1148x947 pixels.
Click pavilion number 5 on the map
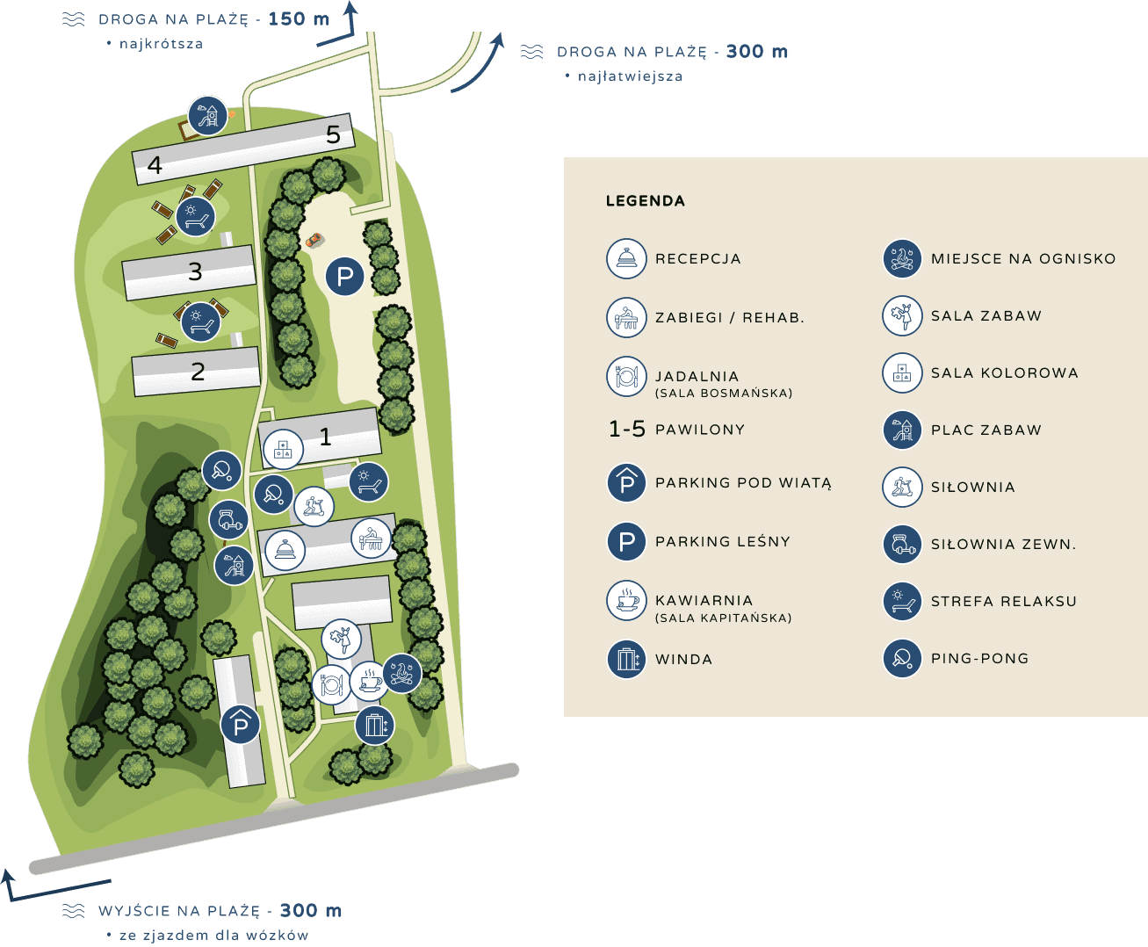click(333, 134)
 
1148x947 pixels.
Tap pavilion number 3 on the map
click(195, 271)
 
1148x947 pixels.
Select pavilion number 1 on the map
click(325, 436)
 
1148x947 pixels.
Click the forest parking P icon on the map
click(345, 277)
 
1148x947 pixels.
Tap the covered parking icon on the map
click(240, 725)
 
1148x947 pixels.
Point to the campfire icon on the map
click(402, 673)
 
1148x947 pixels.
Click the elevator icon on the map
click(375, 726)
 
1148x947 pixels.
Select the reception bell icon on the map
click(285, 551)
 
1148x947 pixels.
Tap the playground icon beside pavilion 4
click(208, 115)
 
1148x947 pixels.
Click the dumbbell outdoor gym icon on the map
click(228, 520)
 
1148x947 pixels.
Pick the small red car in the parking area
click(314, 239)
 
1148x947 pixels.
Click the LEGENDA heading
click(645, 201)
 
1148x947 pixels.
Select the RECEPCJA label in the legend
click(697, 259)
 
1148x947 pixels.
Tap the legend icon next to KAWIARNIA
click(626, 601)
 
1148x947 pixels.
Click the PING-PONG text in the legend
click(979, 659)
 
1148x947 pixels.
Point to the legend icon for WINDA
click(626, 659)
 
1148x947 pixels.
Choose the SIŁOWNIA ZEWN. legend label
click(1003, 545)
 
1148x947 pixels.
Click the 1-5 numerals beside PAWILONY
click(626, 430)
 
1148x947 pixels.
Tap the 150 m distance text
click(299, 19)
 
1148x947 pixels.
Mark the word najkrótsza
click(161, 44)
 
